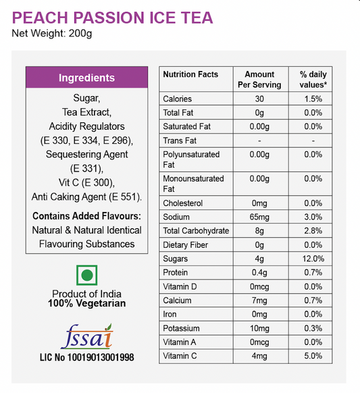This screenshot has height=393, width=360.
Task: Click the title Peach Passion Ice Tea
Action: [x=113, y=18]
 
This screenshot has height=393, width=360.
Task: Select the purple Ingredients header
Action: [x=86, y=78]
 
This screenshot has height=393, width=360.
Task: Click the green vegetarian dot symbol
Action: [x=86, y=276]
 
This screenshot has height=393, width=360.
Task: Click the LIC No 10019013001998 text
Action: [x=86, y=357]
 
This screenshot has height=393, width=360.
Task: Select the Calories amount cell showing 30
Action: [x=259, y=99]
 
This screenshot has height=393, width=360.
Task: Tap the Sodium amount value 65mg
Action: [x=259, y=217]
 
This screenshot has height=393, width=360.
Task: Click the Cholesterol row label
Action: [x=184, y=203]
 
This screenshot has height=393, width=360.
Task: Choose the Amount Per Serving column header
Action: [x=259, y=80]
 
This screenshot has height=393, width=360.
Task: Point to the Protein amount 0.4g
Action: [x=259, y=272]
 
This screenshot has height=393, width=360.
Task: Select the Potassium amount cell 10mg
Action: [x=259, y=328]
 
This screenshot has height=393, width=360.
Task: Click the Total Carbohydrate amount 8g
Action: [x=259, y=231]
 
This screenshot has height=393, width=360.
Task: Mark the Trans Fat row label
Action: [x=180, y=140]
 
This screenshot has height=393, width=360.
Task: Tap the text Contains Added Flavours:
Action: [x=86, y=216]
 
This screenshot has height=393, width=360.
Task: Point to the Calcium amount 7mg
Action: [x=259, y=300]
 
